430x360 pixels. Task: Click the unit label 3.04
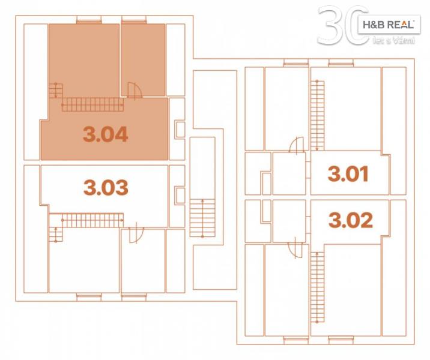tap(106, 134)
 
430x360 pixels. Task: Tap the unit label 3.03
tap(106, 187)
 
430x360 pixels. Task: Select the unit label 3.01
tap(348, 174)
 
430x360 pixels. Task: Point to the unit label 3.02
tap(351, 220)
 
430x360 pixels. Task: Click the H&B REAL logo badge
tap(389, 25)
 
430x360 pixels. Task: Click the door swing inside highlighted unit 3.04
tap(135, 90)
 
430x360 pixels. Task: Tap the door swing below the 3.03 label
tap(136, 235)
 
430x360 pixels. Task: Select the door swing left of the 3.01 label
tap(297, 145)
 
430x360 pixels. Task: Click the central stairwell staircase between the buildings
tap(202, 218)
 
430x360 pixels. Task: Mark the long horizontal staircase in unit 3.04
tap(92, 104)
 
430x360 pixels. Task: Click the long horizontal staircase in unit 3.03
tap(92, 220)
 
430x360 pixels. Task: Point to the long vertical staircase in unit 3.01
tap(317, 115)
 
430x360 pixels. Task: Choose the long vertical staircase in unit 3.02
tap(317, 287)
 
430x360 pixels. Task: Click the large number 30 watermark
tap(344, 25)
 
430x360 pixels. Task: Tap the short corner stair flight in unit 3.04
tap(56, 91)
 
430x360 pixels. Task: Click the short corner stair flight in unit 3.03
tap(56, 234)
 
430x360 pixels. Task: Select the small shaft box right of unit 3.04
tap(180, 130)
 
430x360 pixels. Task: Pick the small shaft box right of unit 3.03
tap(180, 195)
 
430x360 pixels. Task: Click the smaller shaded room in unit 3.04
tap(143, 60)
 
